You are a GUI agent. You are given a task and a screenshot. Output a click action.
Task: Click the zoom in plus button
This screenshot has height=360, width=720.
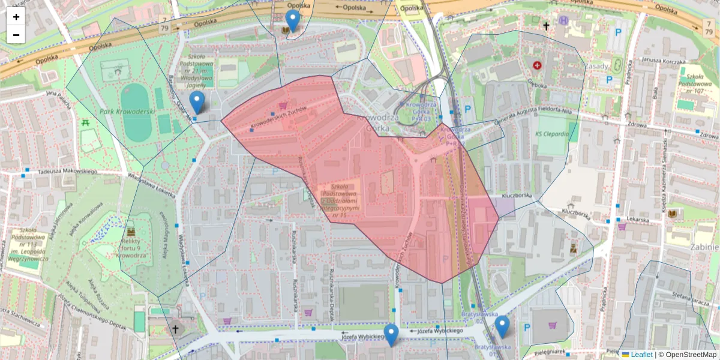click(x=16, y=17)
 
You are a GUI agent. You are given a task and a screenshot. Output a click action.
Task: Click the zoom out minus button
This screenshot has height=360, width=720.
click(x=16, y=35)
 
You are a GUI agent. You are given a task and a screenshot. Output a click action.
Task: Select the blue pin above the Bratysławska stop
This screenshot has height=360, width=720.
click(x=502, y=326)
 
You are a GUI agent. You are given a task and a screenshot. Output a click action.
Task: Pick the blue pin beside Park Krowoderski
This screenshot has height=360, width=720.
click(x=196, y=101)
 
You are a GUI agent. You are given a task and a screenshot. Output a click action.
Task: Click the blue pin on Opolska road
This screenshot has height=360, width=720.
click(x=292, y=20)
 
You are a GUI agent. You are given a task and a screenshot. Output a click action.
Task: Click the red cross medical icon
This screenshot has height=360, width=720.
click(x=536, y=65)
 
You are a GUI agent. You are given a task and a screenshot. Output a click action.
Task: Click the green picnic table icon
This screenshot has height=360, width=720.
click(x=85, y=123)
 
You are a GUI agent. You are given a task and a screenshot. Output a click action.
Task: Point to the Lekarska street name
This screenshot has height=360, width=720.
click(x=640, y=220)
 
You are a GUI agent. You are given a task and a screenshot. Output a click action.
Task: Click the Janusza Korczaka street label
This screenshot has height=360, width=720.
click(x=663, y=61)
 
